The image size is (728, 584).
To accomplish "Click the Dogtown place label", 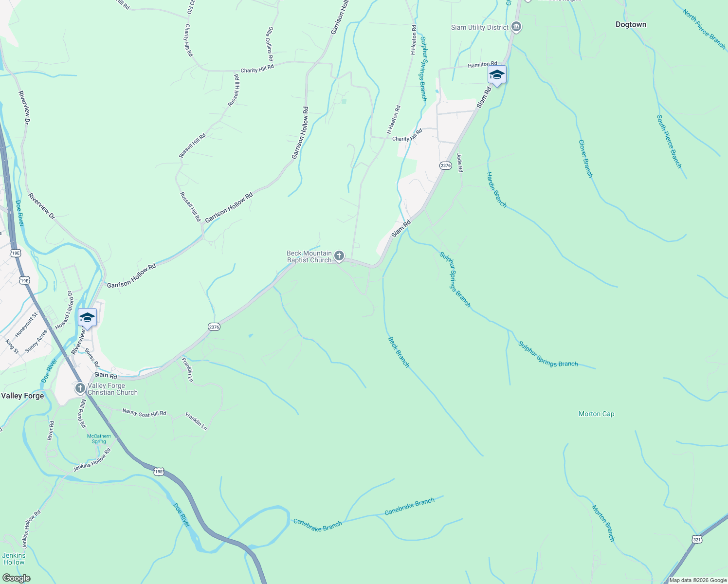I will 631,24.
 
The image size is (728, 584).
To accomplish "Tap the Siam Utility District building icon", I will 517,27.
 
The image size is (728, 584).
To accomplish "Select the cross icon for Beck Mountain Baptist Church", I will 339,256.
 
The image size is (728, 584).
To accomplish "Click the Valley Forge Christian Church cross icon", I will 80,388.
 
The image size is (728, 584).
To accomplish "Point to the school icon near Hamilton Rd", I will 497,75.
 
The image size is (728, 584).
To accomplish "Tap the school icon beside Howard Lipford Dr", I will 87,318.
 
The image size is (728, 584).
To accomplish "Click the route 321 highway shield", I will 697,539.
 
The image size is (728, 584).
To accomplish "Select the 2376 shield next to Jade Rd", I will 445,165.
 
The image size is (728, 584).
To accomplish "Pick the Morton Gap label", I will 596,414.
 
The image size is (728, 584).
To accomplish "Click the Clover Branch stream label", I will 585,159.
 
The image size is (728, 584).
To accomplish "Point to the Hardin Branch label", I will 496,190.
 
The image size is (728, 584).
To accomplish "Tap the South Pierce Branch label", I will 669,142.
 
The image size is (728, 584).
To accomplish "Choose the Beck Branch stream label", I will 398,352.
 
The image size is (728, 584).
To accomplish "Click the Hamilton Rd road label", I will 482,65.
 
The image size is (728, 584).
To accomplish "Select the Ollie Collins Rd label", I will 271,40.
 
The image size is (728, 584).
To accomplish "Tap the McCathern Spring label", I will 99,438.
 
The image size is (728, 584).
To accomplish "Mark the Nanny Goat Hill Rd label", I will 144,412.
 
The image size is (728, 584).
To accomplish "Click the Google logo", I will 16,578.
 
